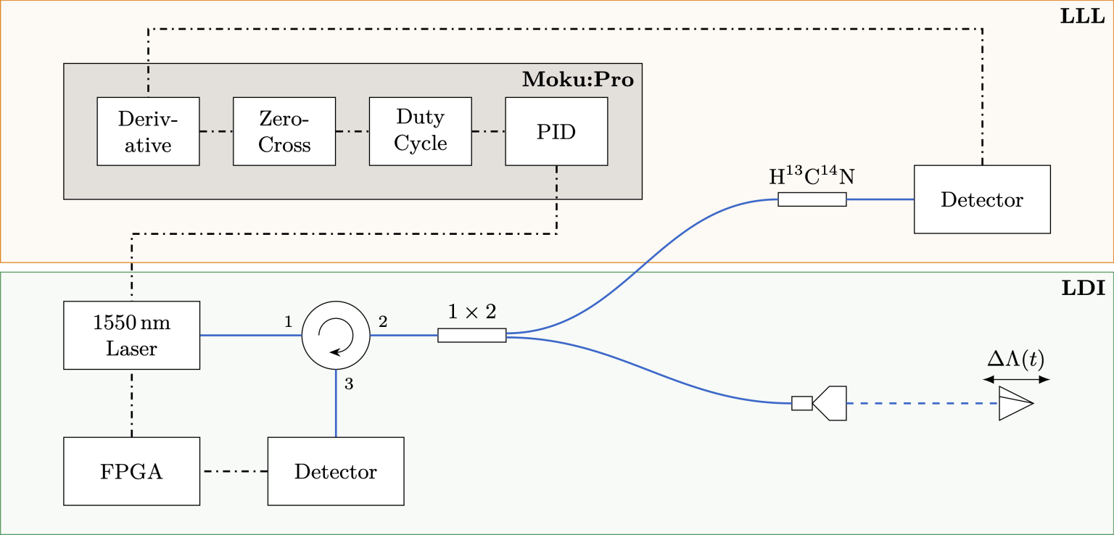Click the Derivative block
[x=148, y=131]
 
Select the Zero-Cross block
[x=284, y=131]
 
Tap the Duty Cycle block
[x=420, y=131]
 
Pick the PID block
[x=556, y=131]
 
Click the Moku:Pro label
[x=577, y=80]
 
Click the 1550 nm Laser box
[x=131, y=335]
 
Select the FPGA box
[x=131, y=471]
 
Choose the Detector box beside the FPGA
[x=336, y=471]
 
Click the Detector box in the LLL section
[x=982, y=199]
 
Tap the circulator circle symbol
[x=336, y=336]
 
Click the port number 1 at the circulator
[x=288, y=322]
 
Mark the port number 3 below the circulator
[x=349, y=385]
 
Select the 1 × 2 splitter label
[x=471, y=312]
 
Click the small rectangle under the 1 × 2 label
[x=471, y=335]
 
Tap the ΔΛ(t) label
[x=1016, y=358]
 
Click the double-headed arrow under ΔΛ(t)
[x=1016, y=379]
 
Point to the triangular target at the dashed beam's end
[x=1014, y=404]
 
